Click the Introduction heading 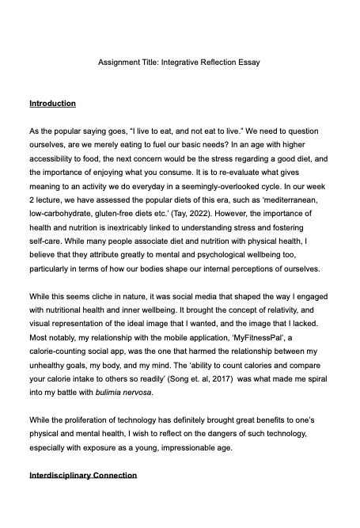(52, 104)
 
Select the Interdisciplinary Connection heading (83, 475)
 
